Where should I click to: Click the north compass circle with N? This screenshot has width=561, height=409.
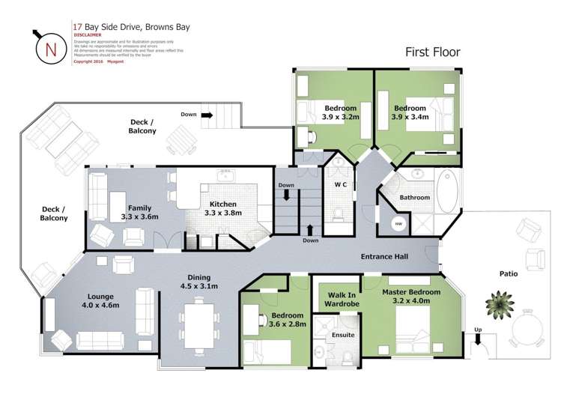click(x=51, y=49)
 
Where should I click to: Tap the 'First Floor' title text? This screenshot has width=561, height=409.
click(x=432, y=52)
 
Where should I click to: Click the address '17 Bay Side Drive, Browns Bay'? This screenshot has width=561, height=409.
click(x=131, y=27)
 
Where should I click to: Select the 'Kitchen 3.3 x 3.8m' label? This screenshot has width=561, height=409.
click(x=223, y=208)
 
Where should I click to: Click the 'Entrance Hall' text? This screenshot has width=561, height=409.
click(x=384, y=257)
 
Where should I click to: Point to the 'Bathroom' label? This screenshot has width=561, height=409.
click(x=414, y=198)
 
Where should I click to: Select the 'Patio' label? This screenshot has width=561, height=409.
click(x=509, y=274)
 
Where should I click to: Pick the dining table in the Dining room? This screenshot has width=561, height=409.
click(x=200, y=323)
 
